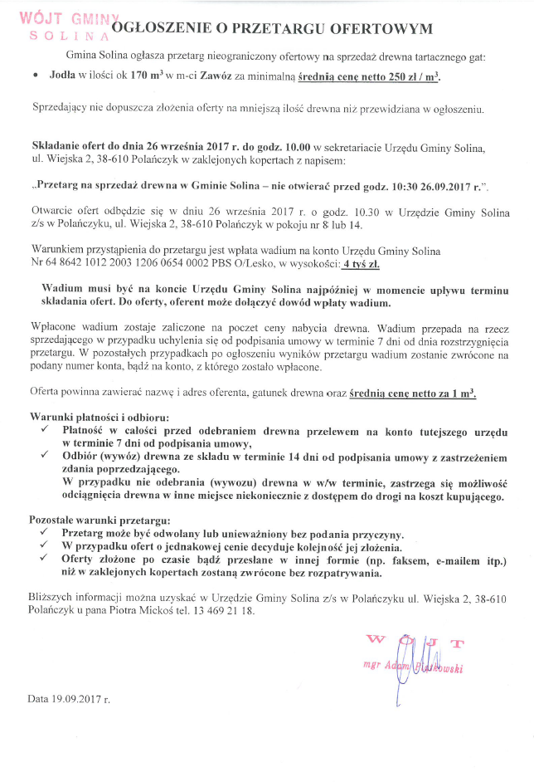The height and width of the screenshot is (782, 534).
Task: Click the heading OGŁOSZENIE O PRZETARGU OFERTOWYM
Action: (272, 29)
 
